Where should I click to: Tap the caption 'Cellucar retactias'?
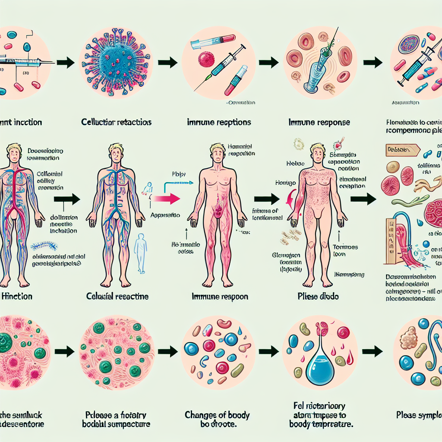(116, 122)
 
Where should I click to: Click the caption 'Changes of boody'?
(217, 415)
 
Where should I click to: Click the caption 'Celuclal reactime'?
(118, 297)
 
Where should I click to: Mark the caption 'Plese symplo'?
(419, 415)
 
